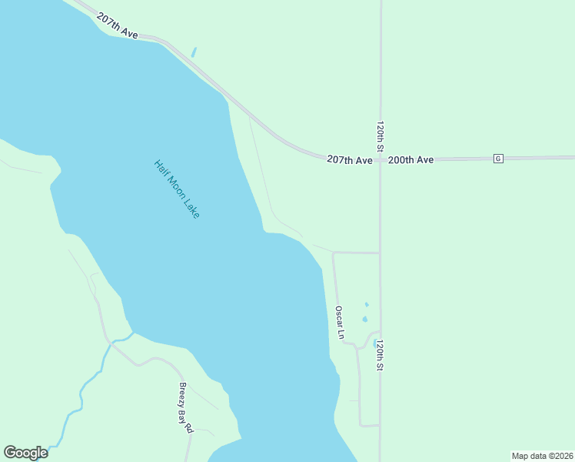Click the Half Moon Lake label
(177, 189)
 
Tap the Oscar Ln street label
(339, 323)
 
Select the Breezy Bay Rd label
(185, 408)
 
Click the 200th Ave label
(410, 159)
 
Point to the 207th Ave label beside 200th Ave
(350, 159)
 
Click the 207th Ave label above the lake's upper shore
(118, 26)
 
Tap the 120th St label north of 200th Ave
(380, 135)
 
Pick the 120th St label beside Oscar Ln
(379, 356)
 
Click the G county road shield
(498, 159)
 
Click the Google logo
(25, 453)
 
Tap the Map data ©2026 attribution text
(542, 456)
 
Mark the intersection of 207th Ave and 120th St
(380, 159)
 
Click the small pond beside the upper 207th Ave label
(194, 52)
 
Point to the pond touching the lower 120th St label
(374, 343)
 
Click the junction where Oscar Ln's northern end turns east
(334, 253)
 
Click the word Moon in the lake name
(178, 189)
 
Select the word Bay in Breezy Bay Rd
(184, 409)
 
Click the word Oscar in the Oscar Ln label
(338, 317)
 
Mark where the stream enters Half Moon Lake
(131, 334)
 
